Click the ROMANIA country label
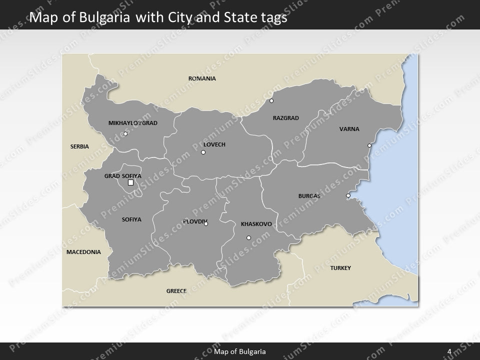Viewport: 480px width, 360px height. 202,78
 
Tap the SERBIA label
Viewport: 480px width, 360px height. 79,146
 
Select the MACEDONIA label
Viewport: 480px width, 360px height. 83,252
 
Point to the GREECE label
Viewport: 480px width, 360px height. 176,290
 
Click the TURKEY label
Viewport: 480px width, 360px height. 340,268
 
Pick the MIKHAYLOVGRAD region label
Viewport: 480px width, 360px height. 133,123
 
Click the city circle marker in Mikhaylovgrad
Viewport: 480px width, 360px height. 125,133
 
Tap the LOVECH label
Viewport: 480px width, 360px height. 214,144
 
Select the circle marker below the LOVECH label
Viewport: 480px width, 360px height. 203,152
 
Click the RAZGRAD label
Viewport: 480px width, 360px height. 285,118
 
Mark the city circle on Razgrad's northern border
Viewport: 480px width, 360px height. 271,100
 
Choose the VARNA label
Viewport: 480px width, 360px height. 349,129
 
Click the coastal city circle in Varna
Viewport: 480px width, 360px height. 369,145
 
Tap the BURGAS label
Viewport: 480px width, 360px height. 309,196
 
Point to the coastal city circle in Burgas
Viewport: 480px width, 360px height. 348,195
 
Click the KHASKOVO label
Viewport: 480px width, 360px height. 256,224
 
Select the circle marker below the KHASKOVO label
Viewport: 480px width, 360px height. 248,237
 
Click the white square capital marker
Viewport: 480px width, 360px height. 130,182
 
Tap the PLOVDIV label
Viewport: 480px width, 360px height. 194,221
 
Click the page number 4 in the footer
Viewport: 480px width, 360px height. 449,351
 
